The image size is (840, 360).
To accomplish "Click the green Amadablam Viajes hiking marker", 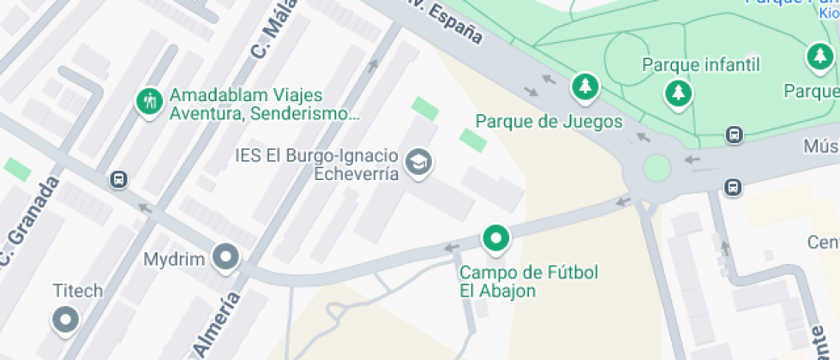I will pyautogui.click(x=150, y=100).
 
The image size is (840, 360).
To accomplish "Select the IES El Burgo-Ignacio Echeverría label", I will pyautogui.click(x=317, y=165).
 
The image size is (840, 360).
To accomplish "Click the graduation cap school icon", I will pyautogui.click(x=418, y=161).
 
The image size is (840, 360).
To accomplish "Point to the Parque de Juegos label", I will pyautogui.click(x=549, y=122).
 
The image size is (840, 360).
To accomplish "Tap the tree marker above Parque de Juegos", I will pyautogui.click(x=585, y=85).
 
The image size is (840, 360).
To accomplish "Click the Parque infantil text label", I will pyautogui.click(x=701, y=65).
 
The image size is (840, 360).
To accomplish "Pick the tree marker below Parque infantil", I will pyautogui.click(x=678, y=91).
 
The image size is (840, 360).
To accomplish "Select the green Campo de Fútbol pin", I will pyautogui.click(x=495, y=237).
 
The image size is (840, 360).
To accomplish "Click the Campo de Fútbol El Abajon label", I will pyautogui.click(x=529, y=282).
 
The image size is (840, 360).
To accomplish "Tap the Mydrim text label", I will pyautogui.click(x=175, y=258).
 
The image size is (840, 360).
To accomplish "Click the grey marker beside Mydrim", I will pyautogui.click(x=226, y=256).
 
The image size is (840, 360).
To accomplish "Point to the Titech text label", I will pyautogui.click(x=77, y=291).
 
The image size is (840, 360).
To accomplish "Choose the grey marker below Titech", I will pyautogui.click(x=65, y=321).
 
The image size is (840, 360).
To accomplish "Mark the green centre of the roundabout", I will pyautogui.click(x=657, y=167).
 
